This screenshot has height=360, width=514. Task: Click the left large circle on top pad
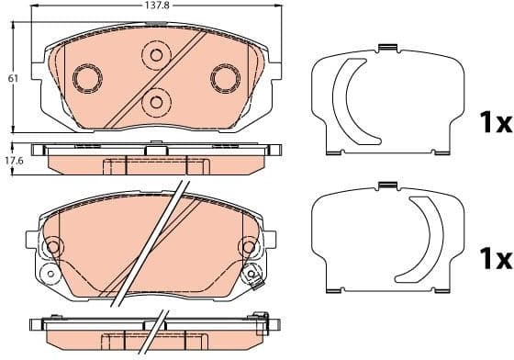point(88,78)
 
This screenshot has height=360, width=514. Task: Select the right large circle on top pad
point(224,77)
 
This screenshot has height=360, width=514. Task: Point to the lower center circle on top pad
point(156,102)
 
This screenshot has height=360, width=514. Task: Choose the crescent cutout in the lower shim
point(426,241)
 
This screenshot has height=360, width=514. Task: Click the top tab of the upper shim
point(388,48)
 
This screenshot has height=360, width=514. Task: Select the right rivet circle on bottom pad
point(250,246)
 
